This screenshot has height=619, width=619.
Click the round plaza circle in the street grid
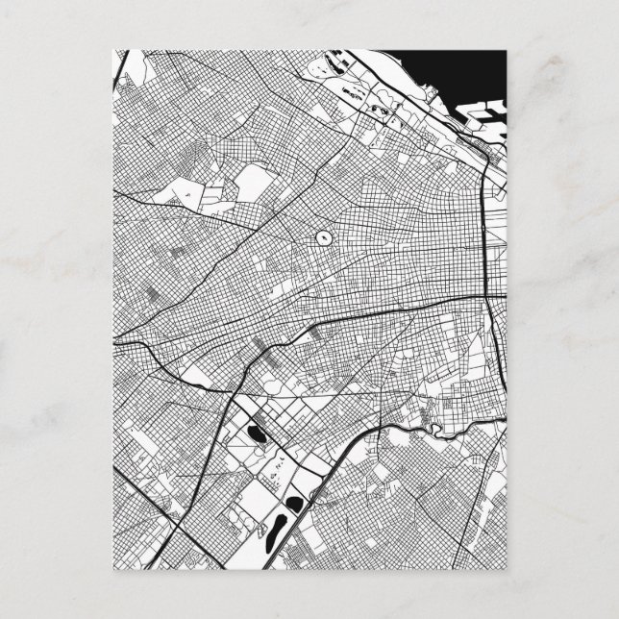[x=323, y=235]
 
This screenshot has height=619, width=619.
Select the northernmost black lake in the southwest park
[x=257, y=435]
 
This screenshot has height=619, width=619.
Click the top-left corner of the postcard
[x=115, y=49]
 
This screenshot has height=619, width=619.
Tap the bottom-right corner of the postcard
[x=504, y=570]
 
